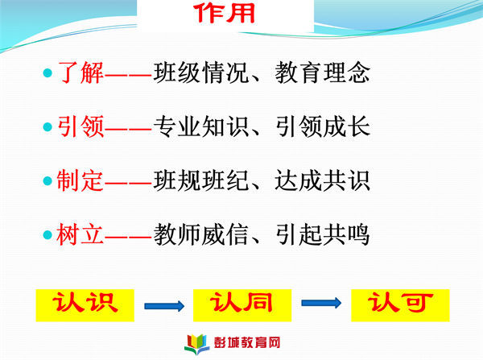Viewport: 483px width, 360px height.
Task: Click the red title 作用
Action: [x=225, y=13]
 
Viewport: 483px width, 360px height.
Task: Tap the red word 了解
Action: [x=80, y=72]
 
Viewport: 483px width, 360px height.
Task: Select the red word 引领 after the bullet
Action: [x=80, y=126]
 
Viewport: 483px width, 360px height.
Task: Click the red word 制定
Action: [x=80, y=180]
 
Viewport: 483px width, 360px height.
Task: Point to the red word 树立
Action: [x=80, y=234]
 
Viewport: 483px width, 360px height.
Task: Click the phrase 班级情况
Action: [x=200, y=72]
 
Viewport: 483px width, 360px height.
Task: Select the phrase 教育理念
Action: [x=322, y=72]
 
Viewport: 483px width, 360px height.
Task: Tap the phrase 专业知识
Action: [x=200, y=126]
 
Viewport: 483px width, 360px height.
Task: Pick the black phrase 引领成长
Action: [x=322, y=126]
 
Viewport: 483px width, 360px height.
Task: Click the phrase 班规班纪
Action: [x=200, y=180]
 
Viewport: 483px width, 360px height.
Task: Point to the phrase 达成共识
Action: [x=322, y=180]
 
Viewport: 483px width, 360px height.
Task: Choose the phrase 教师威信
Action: [x=200, y=234]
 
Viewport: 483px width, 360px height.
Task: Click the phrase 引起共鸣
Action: [x=322, y=234]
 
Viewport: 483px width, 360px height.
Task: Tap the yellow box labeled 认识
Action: [x=85, y=305]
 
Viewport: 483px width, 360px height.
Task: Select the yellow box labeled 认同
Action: [x=242, y=305]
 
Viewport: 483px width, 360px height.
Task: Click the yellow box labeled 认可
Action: [x=400, y=305]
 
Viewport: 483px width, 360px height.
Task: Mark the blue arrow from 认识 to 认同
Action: [x=164, y=306]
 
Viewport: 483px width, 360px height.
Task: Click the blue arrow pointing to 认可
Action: [x=321, y=303]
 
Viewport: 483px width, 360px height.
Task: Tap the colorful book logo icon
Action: [x=197, y=344]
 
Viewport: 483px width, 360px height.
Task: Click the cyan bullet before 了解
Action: [x=47, y=73]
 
